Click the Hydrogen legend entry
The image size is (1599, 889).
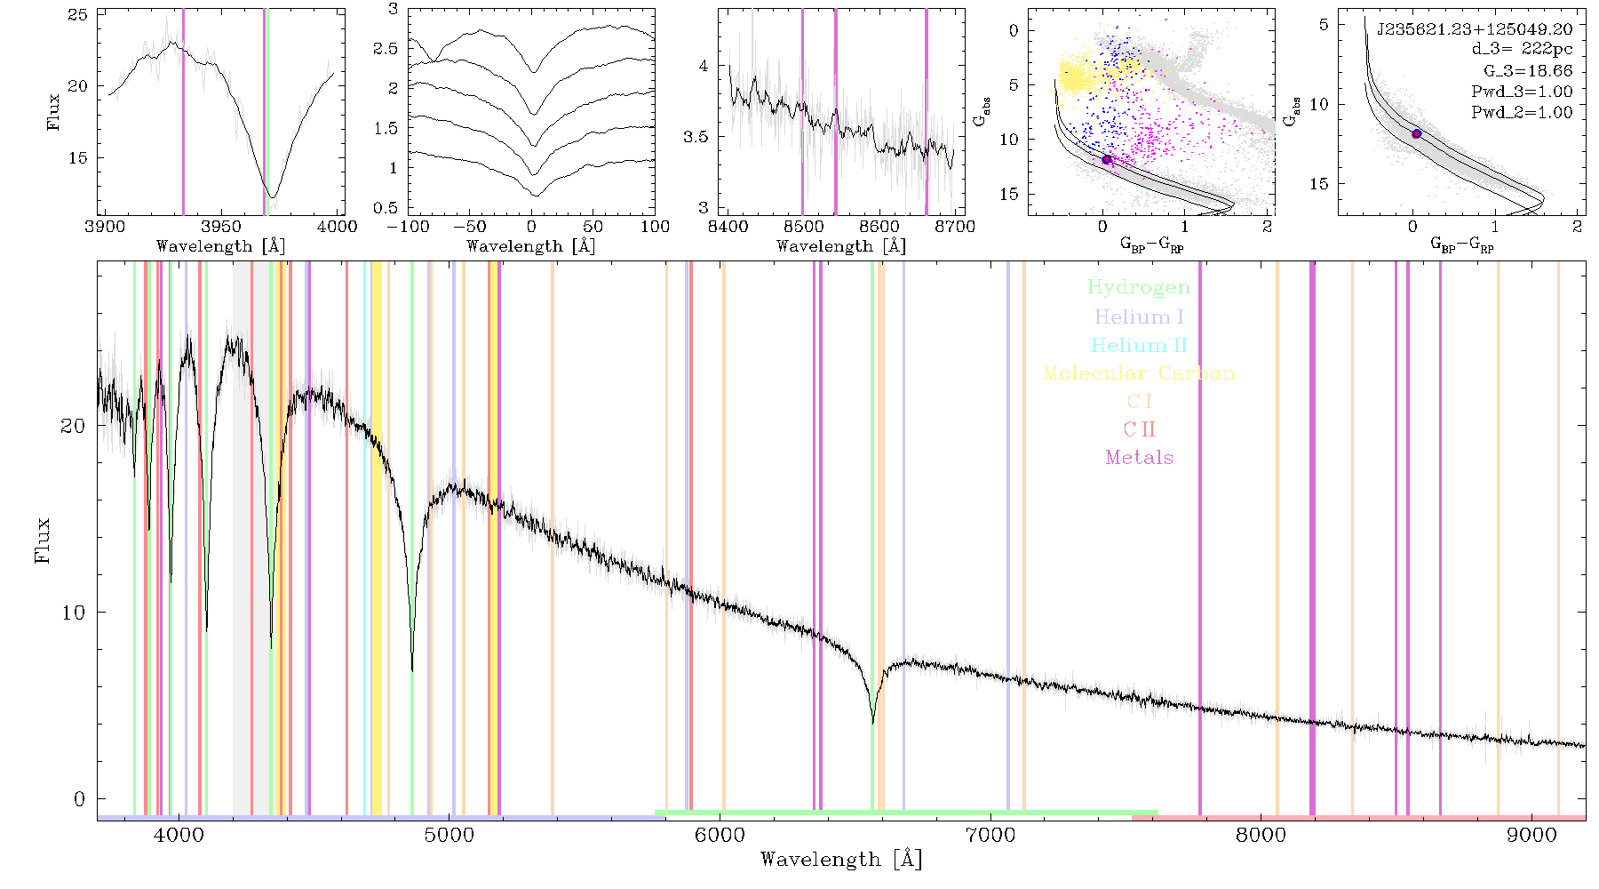coord(1139,287)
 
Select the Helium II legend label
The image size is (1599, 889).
coord(1139,345)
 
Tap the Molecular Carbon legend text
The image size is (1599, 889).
coord(1139,373)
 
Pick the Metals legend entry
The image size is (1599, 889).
coord(1139,458)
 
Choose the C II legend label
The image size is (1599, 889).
coord(1139,429)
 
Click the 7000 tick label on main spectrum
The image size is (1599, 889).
coord(990,835)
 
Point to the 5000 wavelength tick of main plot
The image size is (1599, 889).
coord(449,835)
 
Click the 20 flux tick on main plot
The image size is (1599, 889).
coord(73,426)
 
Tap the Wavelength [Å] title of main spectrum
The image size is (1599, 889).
coord(841,860)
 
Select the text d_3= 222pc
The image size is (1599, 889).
coord(1523,49)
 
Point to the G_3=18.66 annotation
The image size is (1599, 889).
coord(1528,70)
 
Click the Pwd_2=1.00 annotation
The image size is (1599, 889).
coord(1522,112)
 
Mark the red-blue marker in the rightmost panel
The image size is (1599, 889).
coord(1417,133)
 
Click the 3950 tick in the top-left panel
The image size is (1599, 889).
coord(221,226)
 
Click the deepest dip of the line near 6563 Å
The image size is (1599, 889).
coord(873,723)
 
